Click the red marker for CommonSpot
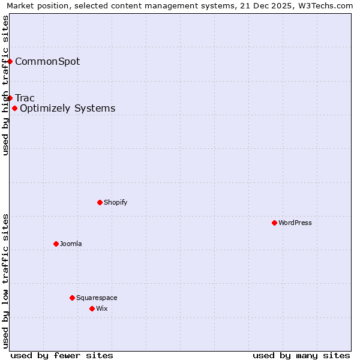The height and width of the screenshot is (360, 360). (x=10, y=61)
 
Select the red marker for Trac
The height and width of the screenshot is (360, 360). (x=10, y=98)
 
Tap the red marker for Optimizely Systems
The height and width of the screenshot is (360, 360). (x=14, y=108)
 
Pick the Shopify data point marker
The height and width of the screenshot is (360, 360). (x=100, y=202)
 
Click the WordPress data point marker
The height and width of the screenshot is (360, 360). (x=274, y=223)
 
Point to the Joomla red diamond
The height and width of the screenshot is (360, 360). (x=56, y=244)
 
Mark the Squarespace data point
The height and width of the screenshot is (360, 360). (x=72, y=298)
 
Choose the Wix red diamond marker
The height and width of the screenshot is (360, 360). (x=92, y=308)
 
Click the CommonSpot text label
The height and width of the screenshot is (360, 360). (x=47, y=61)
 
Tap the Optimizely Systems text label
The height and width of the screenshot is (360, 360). (x=67, y=109)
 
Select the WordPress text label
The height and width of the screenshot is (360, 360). (x=295, y=223)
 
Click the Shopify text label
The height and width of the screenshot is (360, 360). (x=116, y=202)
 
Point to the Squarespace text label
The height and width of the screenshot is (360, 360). (x=97, y=298)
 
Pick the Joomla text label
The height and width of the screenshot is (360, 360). (x=71, y=244)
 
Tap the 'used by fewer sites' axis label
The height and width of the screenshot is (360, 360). (x=62, y=355)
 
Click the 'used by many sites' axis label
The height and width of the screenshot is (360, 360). (x=301, y=355)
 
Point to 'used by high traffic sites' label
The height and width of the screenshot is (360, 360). (x=5, y=85)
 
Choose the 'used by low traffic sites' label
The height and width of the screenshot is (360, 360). (x=5, y=281)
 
